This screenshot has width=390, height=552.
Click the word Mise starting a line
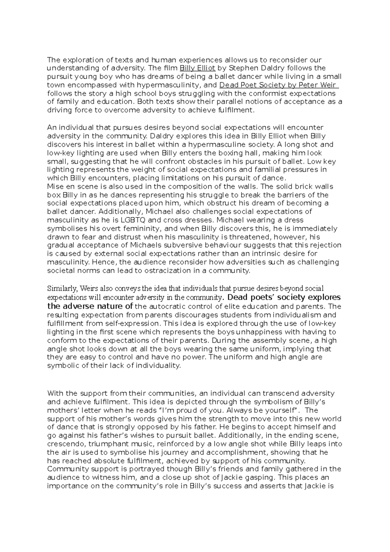(54, 187)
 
